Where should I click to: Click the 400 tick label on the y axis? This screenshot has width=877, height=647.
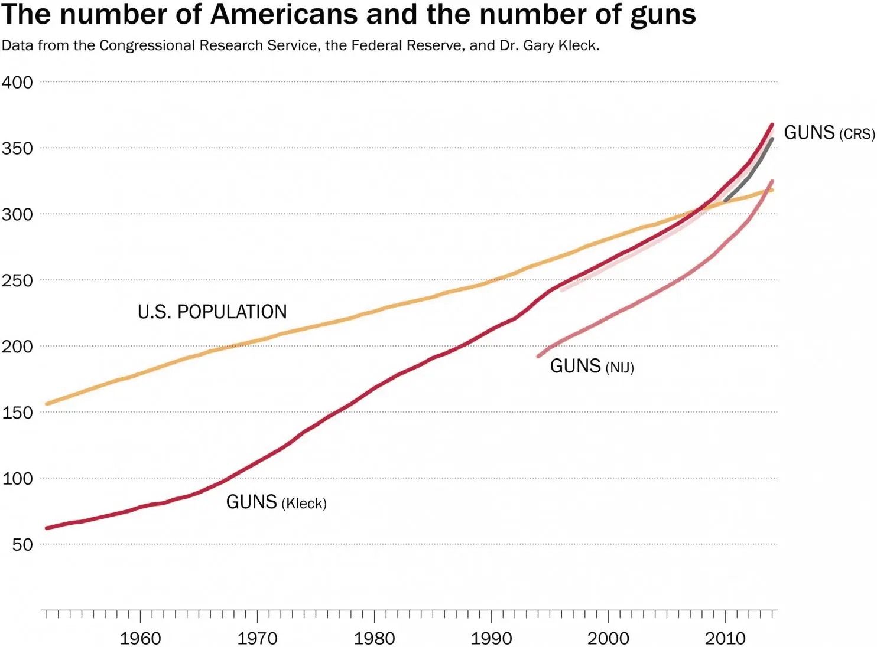(17, 82)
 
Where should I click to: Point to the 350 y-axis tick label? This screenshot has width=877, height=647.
(17, 148)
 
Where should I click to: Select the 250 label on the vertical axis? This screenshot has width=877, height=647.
(17, 280)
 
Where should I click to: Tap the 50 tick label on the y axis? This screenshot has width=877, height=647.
(22, 544)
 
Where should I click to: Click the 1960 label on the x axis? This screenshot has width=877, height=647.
(140, 638)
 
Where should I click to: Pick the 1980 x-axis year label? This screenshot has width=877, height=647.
(374, 638)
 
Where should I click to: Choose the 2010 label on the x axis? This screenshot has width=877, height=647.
(725, 638)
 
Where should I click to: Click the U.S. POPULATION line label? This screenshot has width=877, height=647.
(212, 312)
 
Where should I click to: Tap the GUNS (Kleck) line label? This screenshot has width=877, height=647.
(276, 502)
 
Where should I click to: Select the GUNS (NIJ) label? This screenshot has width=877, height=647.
(592, 367)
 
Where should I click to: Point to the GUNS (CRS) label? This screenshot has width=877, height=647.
(829, 133)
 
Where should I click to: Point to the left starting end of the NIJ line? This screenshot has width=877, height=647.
(538, 356)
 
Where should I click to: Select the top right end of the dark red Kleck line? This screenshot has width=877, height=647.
(772, 125)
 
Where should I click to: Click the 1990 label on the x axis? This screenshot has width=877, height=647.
(491, 638)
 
